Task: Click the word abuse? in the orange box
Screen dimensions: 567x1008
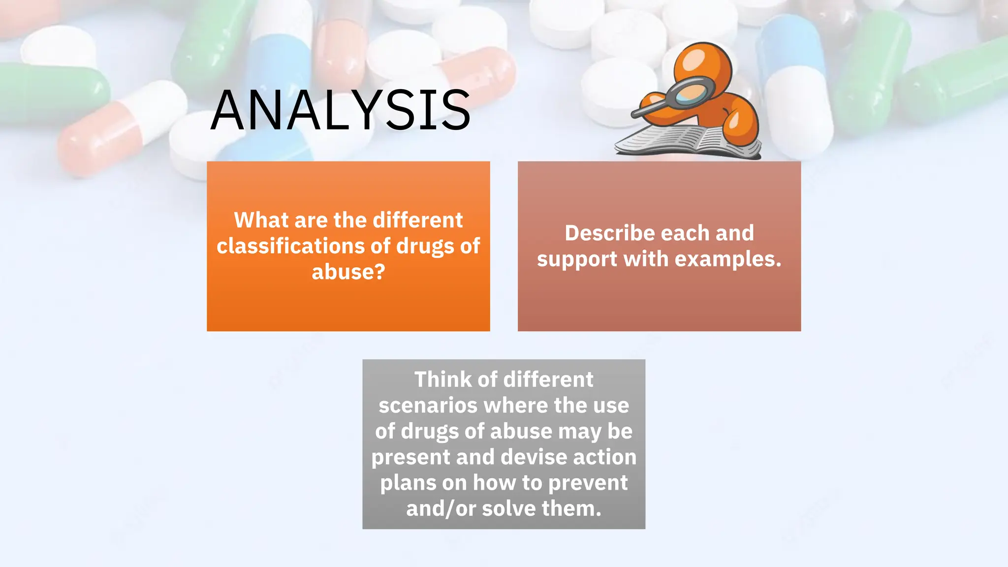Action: [x=348, y=272]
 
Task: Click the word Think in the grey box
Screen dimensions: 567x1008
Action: [x=442, y=379]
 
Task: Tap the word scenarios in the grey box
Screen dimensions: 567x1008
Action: [x=428, y=406]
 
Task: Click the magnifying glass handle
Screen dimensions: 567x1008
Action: [x=650, y=109]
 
